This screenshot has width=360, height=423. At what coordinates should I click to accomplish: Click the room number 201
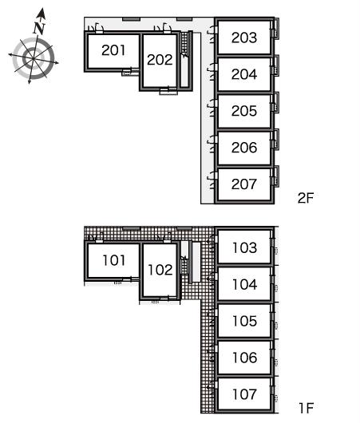(113, 50)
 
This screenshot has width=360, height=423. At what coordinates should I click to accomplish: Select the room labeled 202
(160, 60)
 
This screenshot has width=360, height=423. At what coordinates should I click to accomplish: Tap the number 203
(244, 38)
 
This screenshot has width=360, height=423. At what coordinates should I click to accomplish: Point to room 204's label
(244, 74)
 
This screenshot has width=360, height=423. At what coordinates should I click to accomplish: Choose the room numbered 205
(244, 111)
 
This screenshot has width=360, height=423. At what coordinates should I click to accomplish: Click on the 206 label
(244, 148)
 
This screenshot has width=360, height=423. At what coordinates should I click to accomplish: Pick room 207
(244, 184)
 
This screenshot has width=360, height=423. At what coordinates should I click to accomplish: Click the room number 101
(114, 260)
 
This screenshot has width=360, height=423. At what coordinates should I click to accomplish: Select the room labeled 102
(160, 270)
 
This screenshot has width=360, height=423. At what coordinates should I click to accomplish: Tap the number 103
(245, 247)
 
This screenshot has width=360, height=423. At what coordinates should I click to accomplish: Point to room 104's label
(245, 284)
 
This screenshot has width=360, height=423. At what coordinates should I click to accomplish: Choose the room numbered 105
(245, 321)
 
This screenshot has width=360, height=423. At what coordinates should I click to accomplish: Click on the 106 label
(245, 358)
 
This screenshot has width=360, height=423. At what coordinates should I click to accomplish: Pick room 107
(245, 394)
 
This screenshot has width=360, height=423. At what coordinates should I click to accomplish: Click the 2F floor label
(306, 198)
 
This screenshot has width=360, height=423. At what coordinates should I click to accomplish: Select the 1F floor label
(307, 408)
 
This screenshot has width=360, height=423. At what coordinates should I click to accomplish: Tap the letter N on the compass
(39, 28)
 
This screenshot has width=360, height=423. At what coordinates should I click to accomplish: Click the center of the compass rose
(34, 58)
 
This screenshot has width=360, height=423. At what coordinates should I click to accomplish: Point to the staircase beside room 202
(184, 45)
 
